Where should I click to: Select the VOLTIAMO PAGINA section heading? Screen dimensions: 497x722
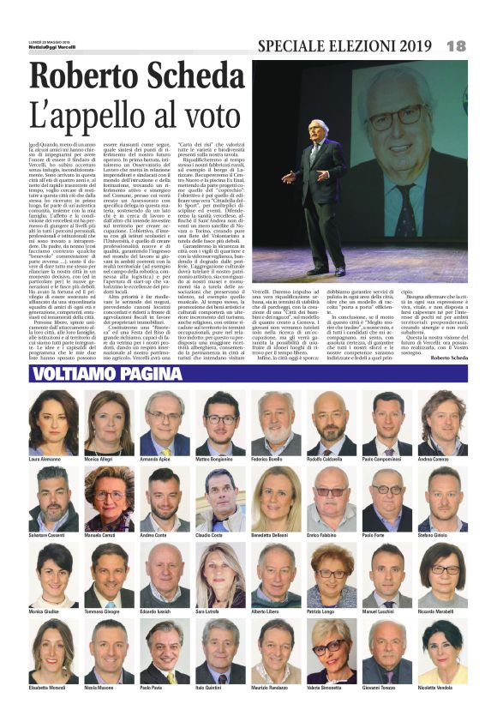pyautogui.click(x=96, y=374)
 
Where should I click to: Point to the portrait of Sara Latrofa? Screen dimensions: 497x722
pyautogui.click(x=219, y=576)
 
